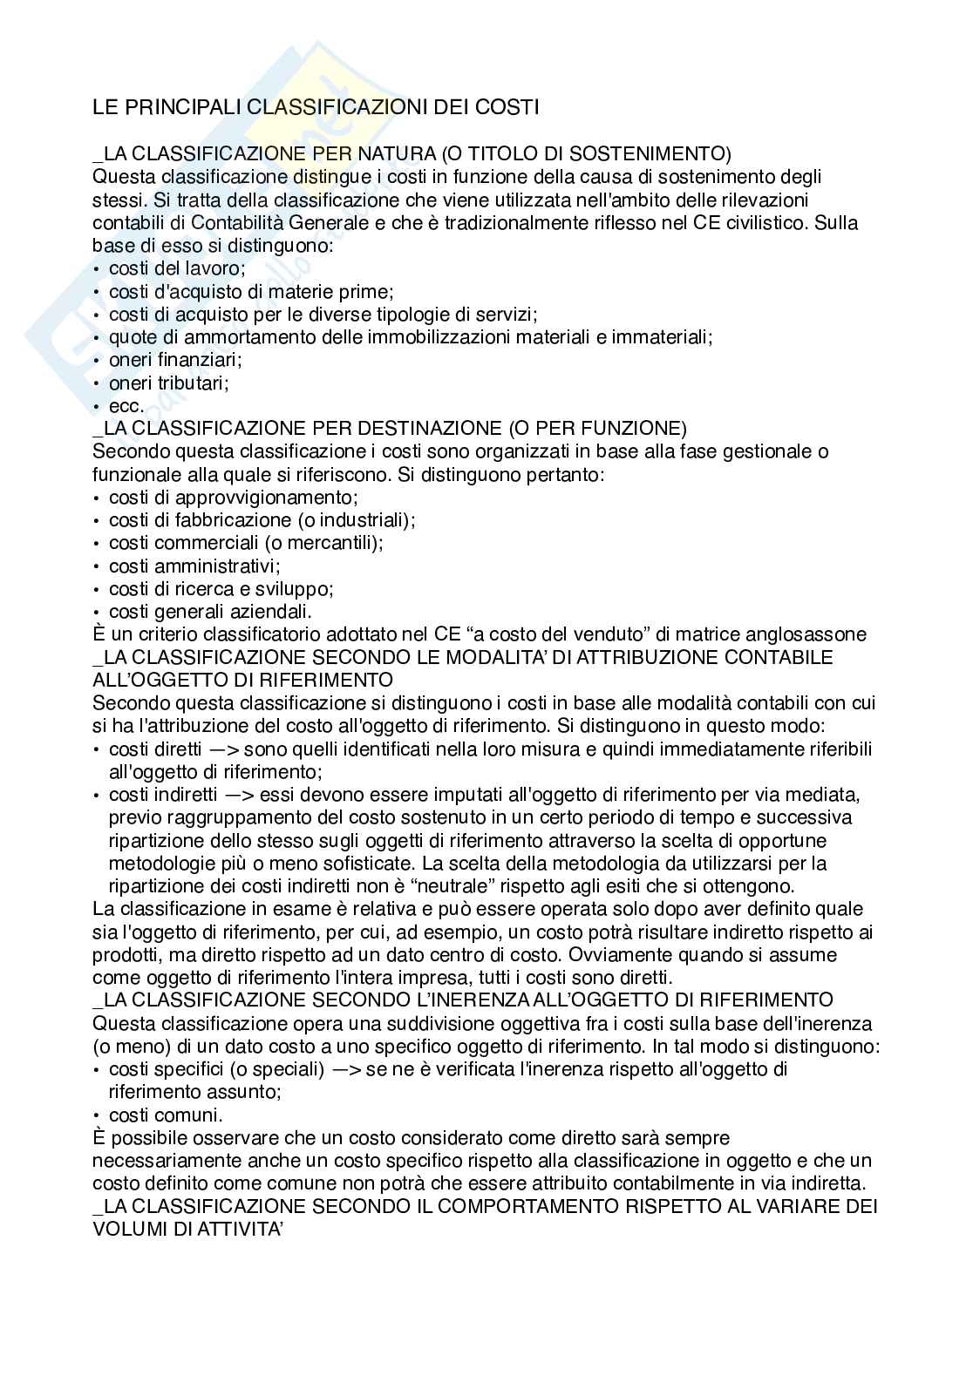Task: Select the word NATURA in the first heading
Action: click(394, 153)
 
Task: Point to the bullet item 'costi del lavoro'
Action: click(177, 268)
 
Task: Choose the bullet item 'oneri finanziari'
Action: click(175, 360)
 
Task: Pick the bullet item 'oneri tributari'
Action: click(168, 383)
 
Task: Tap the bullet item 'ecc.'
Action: click(126, 405)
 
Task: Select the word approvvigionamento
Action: click(267, 498)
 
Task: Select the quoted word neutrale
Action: click(399, 886)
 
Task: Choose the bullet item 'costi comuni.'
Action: click(166, 1115)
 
